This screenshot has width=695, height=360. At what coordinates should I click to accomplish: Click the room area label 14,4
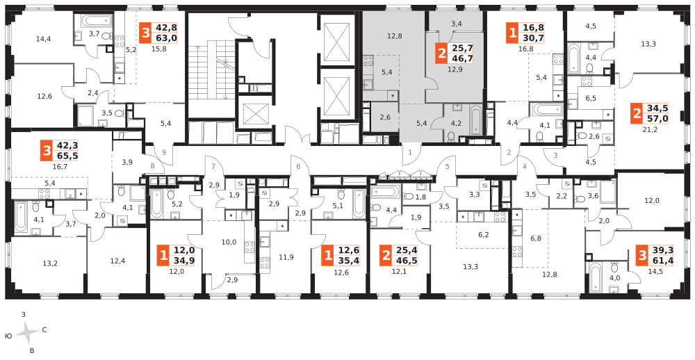coord(44,39)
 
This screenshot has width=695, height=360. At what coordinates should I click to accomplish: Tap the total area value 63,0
coord(165,38)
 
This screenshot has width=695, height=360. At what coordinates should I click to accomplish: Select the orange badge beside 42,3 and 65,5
coord(46,152)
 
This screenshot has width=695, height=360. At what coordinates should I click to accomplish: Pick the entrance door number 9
coord(164,152)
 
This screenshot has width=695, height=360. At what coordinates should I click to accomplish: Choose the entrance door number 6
coord(298,166)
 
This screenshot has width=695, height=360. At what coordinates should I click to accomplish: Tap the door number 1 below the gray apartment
coord(411,152)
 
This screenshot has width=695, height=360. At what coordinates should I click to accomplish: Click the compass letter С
coord(44,330)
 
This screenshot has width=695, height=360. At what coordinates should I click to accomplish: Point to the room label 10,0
coord(230,242)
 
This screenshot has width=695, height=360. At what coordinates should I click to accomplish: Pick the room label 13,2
coord(49,263)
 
